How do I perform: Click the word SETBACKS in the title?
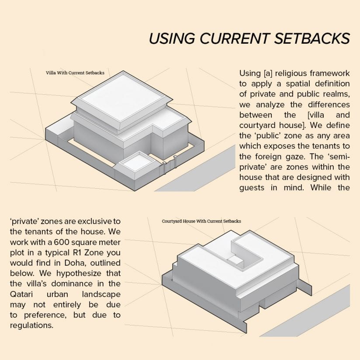coord(312,38)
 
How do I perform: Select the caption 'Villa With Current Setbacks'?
coord(75,73)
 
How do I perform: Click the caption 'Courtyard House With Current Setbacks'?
coord(201,222)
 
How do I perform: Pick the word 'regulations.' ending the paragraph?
coord(32,325)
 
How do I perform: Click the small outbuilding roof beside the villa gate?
coord(137,162)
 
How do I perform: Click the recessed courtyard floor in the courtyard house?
coord(236,260)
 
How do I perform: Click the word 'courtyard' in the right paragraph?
coord(257,126)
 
